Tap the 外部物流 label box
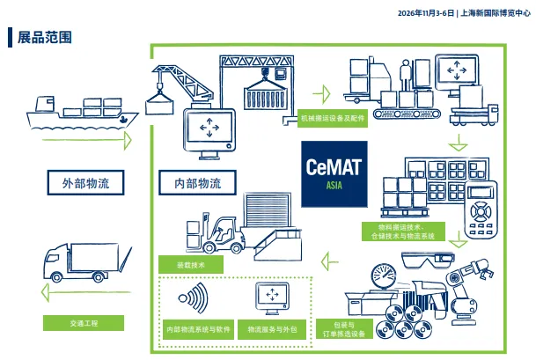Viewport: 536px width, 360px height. (x=85, y=183)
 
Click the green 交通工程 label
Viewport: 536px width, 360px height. (x=84, y=323)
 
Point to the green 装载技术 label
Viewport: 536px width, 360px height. (x=188, y=263)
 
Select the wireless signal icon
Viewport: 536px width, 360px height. (x=195, y=298)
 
